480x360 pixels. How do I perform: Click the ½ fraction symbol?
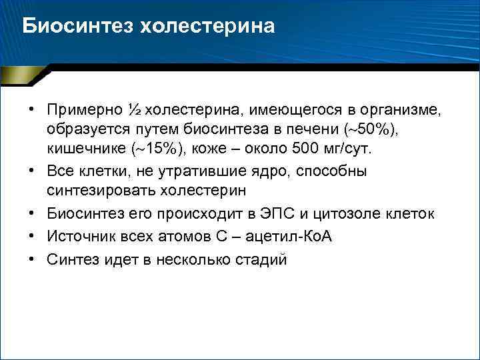coord(134,109)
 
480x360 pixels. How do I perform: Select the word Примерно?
coord(85,109)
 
